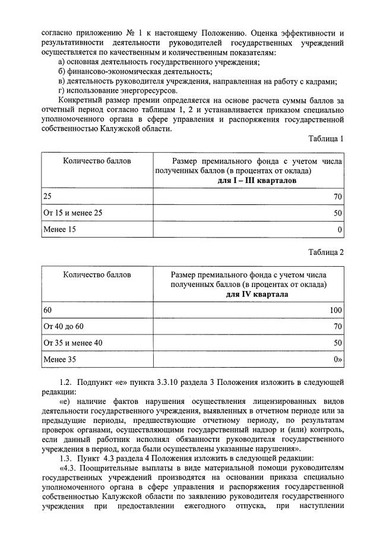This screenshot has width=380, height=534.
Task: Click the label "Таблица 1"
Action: click(x=326, y=138)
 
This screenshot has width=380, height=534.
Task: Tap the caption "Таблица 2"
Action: click(x=326, y=252)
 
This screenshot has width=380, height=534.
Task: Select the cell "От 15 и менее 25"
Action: click(x=73, y=212)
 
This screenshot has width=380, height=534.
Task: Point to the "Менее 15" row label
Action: click(x=59, y=229)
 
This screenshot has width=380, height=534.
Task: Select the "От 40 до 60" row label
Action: click(x=64, y=326)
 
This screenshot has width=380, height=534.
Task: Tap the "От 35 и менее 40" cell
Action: click(x=73, y=343)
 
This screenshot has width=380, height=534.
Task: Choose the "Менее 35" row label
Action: click(x=59, y=359)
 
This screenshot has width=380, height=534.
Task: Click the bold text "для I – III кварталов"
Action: click(x=257, y=180)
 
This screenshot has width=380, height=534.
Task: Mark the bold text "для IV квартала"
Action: click(x=257, y=294)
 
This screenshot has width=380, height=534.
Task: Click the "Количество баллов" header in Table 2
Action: click(x=97, y=275)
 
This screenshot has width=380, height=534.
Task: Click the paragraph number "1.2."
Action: click(x=66, y=383)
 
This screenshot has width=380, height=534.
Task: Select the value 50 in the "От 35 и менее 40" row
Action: click(x=338, y=343)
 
